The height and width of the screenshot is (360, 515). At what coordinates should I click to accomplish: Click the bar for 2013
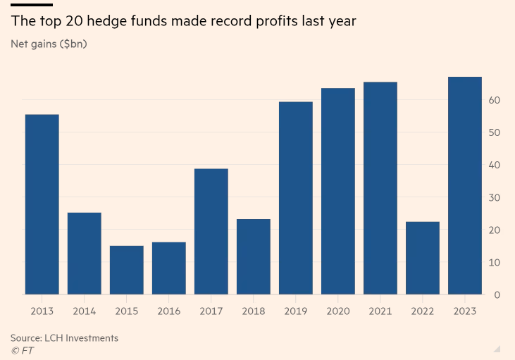(42, 204)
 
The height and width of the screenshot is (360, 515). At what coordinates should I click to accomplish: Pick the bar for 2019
(296, 198)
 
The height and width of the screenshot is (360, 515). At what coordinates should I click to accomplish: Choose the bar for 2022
(423, 258)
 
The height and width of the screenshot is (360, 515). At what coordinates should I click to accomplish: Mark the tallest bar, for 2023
(465, 185)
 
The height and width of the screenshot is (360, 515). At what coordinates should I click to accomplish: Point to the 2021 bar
(380, 188)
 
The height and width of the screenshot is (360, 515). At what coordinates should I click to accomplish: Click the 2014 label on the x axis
(85, 311)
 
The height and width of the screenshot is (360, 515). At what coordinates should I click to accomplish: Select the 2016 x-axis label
(169, 311)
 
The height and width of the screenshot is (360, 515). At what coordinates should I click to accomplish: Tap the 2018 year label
(254, 311)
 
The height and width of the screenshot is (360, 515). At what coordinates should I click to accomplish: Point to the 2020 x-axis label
(338, 311)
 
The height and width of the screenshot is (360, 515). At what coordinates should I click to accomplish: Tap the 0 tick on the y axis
(497, 295)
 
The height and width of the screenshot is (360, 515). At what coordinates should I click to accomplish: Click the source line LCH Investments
(64, 338)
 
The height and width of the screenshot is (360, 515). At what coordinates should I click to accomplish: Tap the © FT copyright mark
(23, 350)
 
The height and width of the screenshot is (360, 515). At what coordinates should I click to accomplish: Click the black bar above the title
(32, 4)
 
